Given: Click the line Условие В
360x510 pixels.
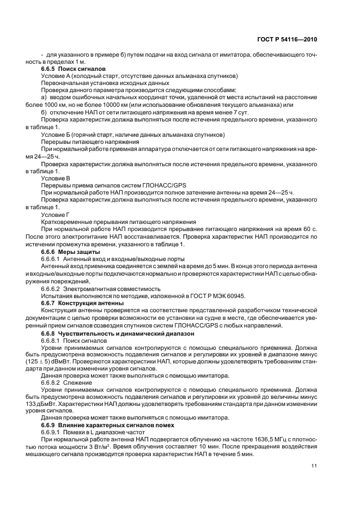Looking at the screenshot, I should (x=56, y=178).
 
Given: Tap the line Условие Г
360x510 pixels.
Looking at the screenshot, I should (x=56, y=214).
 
